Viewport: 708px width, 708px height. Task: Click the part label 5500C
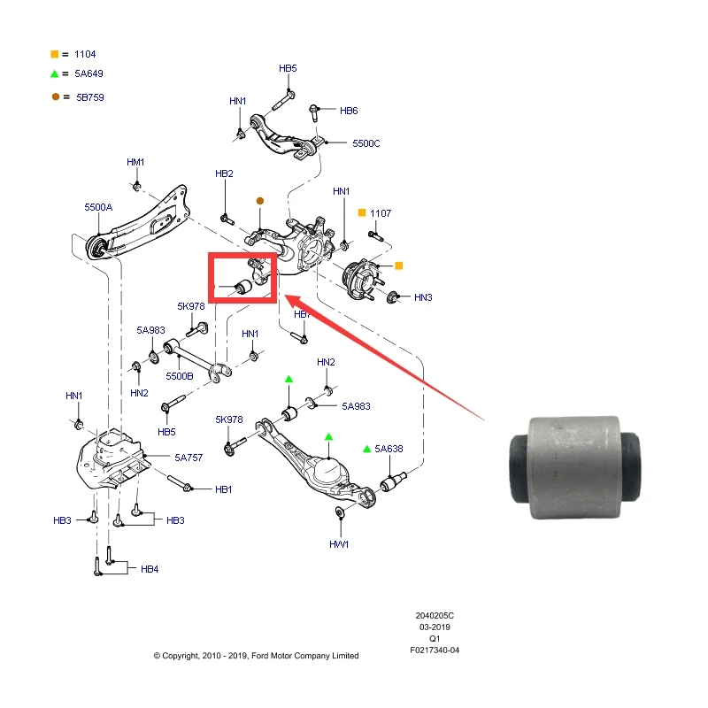(x=366, y=142)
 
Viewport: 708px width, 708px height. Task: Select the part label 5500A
(x=98, y=206)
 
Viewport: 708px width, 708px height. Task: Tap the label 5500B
(x=179, y=376)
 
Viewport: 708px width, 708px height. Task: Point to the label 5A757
(x=189, y=457)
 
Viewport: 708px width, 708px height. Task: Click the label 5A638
(x=389, y=449)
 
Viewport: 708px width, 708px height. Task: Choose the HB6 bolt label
(x=349, y=111)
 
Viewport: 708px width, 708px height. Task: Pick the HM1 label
(x=135, y=162)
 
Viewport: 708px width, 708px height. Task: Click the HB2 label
(x=224, y=173)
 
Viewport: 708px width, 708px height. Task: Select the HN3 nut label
(x=423, y=297)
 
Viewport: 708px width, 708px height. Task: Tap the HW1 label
(x=340, y=543)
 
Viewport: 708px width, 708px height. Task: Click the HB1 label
(x=223, y=489)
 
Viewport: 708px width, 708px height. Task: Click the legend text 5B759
(x=90, y=97)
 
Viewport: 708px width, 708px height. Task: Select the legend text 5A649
(x=89, y=75)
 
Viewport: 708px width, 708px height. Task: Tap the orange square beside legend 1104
(x=55, y=54)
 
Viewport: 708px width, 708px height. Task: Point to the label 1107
(x=381, y=213)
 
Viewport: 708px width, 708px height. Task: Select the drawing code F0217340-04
(x=435, y=650)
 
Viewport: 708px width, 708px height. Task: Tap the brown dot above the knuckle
(x=259, y=200)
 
